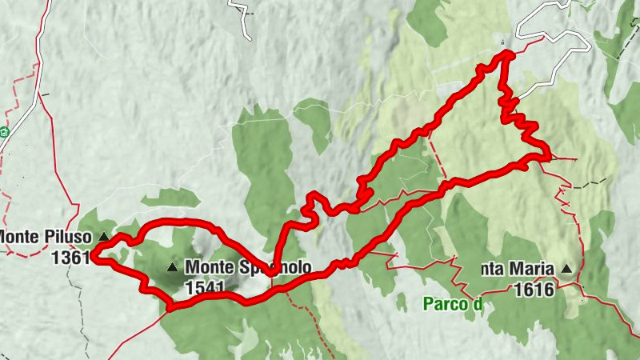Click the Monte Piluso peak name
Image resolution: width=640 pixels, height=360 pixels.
pos(48,237)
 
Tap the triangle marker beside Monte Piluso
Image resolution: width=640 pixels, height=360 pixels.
pos(103,237)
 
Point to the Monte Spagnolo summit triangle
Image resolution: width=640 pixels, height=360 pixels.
pos(172,267)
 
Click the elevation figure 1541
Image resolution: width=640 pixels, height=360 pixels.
pos(204,286)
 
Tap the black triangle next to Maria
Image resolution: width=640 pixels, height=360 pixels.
pos(567,270)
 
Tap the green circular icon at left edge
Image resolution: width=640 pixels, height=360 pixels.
pos(3,132)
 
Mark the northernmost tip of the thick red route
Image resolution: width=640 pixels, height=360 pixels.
pos(507,54)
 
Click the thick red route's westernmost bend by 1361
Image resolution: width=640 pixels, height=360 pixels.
pos(93,255)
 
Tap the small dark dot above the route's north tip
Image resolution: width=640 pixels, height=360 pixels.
pos(502,42)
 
